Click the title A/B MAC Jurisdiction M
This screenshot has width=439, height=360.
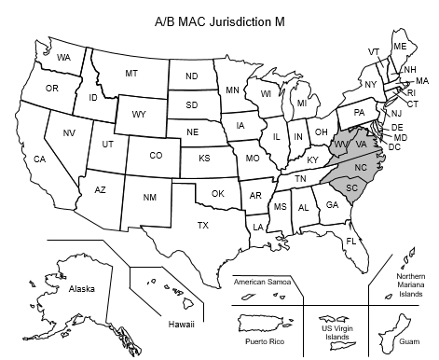click(220, 18)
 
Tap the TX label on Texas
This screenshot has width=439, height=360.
click(202, 225)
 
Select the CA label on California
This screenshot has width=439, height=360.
click(39, 159)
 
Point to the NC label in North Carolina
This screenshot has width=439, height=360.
click(360, 166)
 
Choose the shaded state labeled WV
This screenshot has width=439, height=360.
click(341, 145)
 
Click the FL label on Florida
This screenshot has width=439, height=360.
click(351, 242)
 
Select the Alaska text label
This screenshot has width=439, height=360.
click(81, 290)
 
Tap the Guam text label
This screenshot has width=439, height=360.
click(406, 342)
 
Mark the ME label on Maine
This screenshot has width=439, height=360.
click(400, 47)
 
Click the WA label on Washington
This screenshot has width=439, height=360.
click(63, 58)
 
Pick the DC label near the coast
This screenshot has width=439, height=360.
click(394, 147)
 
